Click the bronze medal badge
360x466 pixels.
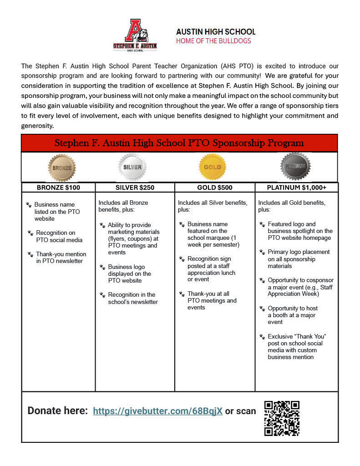(62, 167)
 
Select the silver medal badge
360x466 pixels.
(132, 167)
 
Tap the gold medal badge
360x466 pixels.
(212, 167)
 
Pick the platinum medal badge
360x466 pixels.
(295, 167)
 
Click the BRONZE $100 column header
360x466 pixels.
(59, 187)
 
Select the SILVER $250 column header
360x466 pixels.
(135, 187)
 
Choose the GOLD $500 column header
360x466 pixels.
(215, 187)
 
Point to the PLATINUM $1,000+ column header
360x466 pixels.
(296, 187)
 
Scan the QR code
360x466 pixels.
(282, 418)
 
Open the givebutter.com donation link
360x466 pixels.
(157, 411)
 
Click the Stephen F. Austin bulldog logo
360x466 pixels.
(135, 35)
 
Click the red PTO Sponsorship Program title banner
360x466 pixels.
(179, 143)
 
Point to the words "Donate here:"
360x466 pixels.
(57, 411)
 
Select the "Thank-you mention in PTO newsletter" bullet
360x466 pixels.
(61, 258)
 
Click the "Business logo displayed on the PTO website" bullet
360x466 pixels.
(129, 274)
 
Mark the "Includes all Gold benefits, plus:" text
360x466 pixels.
(292, 206)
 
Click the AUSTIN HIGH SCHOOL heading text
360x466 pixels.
(216, 32)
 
